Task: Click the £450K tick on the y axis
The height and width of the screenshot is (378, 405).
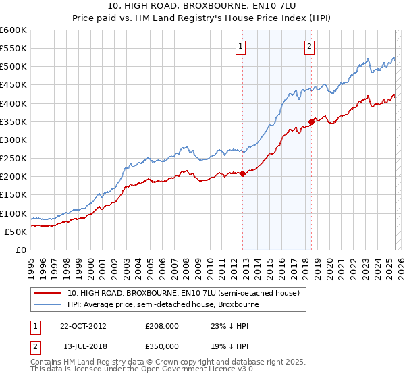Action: pos(13,85)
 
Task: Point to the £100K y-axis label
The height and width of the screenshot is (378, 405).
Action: pos(13,213)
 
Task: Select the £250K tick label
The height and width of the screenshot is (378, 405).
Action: pos(13,159)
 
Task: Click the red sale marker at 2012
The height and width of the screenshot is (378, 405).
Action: pos(243,173)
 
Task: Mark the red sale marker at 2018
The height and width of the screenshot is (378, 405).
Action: pos(311,122)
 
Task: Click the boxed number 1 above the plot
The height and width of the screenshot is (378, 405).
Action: pos(241,47)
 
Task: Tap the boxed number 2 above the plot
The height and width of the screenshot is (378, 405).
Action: pos(309,47)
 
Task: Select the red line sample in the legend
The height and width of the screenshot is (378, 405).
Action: pos(49,293)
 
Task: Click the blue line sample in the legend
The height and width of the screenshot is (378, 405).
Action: pos(49,304)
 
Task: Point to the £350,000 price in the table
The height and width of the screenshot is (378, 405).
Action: pos(162,345)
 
